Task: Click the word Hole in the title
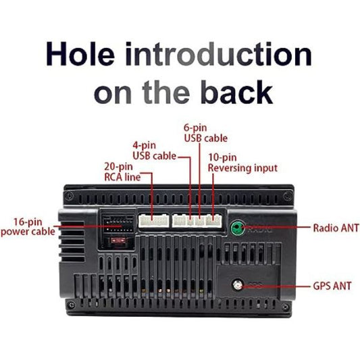80,54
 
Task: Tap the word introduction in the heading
218,54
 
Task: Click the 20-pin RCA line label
122,172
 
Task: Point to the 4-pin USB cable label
154,151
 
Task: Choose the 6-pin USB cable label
205,133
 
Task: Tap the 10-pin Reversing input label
242,163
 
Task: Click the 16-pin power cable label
28,227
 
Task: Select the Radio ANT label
336,228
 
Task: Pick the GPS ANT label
332,286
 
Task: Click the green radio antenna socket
237,228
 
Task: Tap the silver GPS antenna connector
238,285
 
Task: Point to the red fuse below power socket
118,241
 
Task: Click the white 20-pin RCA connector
153,221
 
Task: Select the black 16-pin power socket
118,224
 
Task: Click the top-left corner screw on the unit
69,196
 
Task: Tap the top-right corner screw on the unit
287,197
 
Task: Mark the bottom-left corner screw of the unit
72,305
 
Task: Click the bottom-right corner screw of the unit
286,307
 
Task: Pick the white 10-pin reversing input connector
213,221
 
